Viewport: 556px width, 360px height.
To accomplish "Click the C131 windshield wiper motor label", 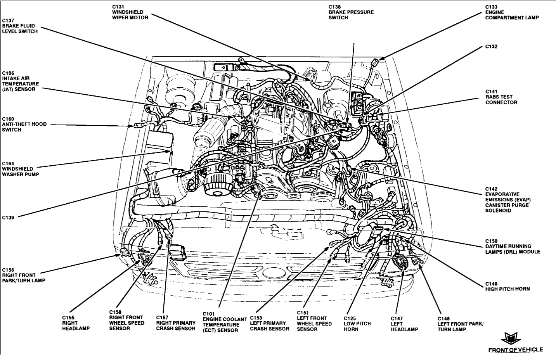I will tap(130, 12).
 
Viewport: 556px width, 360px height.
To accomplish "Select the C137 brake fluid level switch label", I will tap(20, 26).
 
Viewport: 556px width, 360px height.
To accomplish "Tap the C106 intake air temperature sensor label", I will tap(20, 81).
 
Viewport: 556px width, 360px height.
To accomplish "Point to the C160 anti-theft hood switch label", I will tap(24, 124).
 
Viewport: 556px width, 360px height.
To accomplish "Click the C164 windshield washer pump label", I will tap(21, 169).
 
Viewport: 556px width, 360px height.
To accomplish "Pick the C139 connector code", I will tap(8, 218).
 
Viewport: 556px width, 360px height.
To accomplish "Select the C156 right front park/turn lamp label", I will tap(24, 275).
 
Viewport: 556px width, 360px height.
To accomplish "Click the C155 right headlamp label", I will tap(76, 323).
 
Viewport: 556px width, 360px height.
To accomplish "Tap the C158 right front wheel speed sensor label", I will tap(126, 323).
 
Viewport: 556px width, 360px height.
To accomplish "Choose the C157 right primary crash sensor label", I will tap(176, 323).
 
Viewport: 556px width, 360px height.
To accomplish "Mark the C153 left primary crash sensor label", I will tap(269, 323).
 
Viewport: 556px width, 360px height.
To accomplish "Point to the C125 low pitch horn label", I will tap(357, 324).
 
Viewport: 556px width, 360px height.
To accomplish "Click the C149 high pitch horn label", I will tap(507, 286).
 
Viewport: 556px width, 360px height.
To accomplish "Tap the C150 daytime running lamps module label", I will tap(512, 246).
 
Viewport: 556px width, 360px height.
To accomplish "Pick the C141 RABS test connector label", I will tap(501, 97).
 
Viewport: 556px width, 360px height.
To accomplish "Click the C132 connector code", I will tap(491, 47).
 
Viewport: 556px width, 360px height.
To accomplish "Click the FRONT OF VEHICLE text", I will tap(516, 350).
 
